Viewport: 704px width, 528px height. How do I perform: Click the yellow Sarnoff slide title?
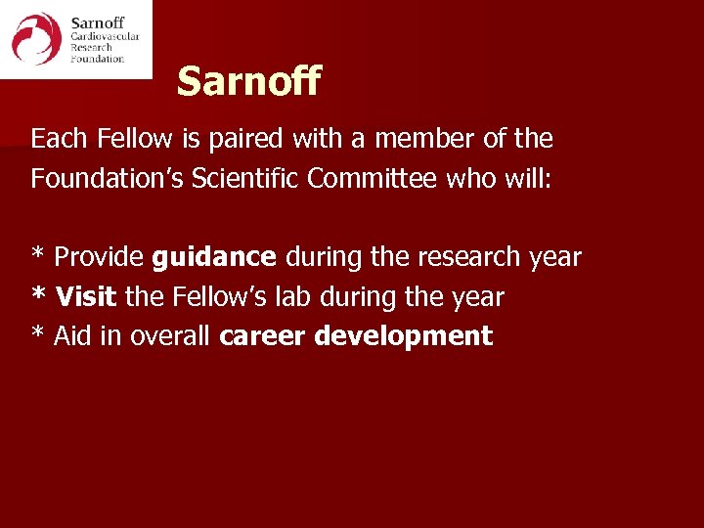(248, 81)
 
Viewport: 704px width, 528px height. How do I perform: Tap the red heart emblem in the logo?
(36, 39)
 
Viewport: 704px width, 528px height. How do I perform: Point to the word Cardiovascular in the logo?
(105, 36)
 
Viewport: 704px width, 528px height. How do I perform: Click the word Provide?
(99, 257)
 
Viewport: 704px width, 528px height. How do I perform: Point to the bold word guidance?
(214, 258)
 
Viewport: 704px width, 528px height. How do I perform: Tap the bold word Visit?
(88, 296)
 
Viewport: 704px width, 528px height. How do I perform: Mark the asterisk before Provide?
(38, 254)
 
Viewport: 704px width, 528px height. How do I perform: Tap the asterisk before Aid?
(38, 333)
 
